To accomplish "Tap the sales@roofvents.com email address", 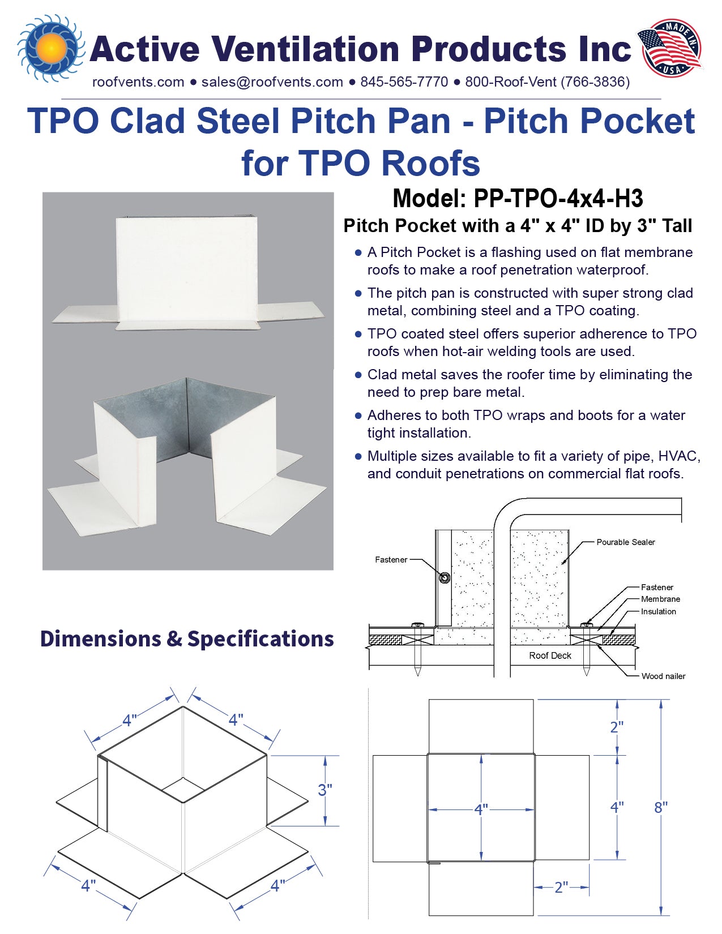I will tap(272, 82).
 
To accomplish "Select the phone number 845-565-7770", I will tap(404, 82).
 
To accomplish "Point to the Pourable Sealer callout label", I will tap(625, 542).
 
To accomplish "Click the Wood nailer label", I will tap(663, 676).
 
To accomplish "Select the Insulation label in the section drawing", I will tap(658, 612).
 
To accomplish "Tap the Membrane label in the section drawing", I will tap(660, 599).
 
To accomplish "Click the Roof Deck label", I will tap(550, 656).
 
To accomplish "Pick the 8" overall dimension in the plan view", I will tap(661, 808).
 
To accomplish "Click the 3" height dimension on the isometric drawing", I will tap(325, 790).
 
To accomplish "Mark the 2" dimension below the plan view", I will tap(561, 888).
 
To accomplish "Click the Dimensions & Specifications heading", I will tap(187, 639).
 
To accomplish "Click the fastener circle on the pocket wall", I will tap(445, 578).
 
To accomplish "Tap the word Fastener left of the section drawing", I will tap(391, 560).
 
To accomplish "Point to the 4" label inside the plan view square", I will tap(481, 810).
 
